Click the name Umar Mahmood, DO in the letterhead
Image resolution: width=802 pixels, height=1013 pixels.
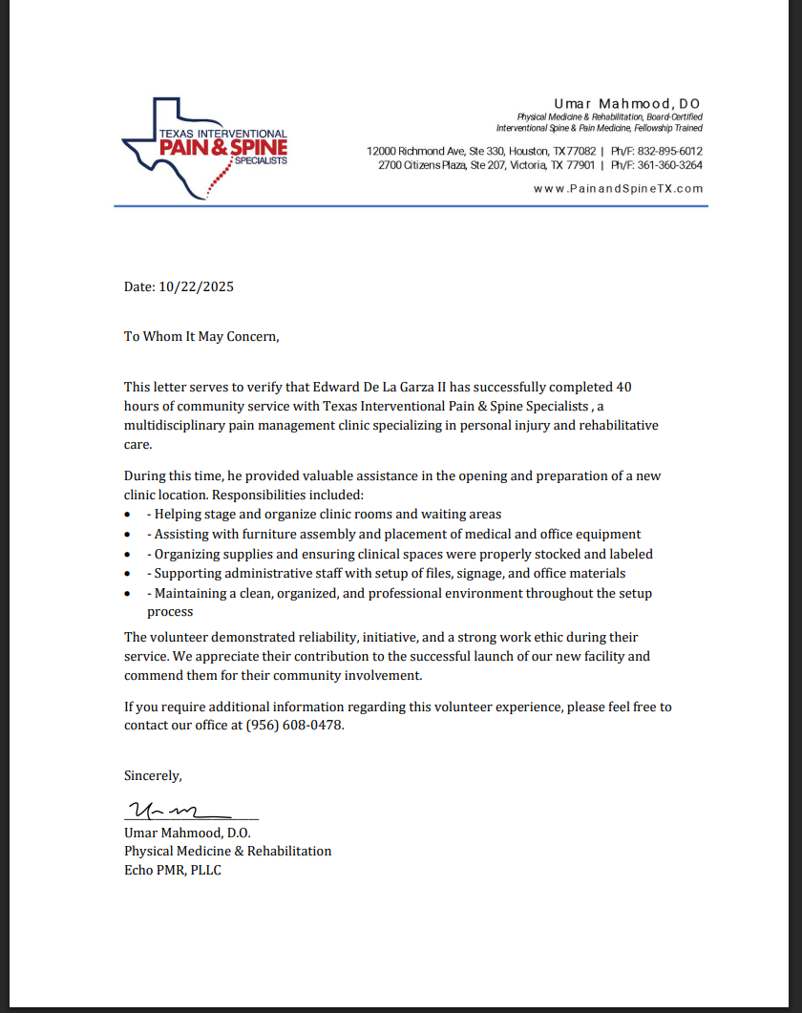click(628, 103)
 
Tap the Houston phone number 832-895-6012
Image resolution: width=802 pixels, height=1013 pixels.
click(669, 151)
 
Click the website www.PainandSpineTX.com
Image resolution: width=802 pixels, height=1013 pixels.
click(618, 189)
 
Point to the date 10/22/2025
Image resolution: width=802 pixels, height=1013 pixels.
click(197, 286)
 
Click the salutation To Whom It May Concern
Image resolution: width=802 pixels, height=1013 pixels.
click(201, 336)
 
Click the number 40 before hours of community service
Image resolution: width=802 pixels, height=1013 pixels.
click(624, 387)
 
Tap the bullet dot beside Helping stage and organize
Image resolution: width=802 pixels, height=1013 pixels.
click(128, 515)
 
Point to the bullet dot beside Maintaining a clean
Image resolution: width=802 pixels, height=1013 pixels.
click(128, 594)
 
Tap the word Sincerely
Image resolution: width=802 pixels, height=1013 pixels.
click(153, 775)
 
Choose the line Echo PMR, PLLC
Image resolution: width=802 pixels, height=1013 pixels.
click(173, 870)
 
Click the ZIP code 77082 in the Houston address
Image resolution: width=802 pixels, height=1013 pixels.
click(581, 151)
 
